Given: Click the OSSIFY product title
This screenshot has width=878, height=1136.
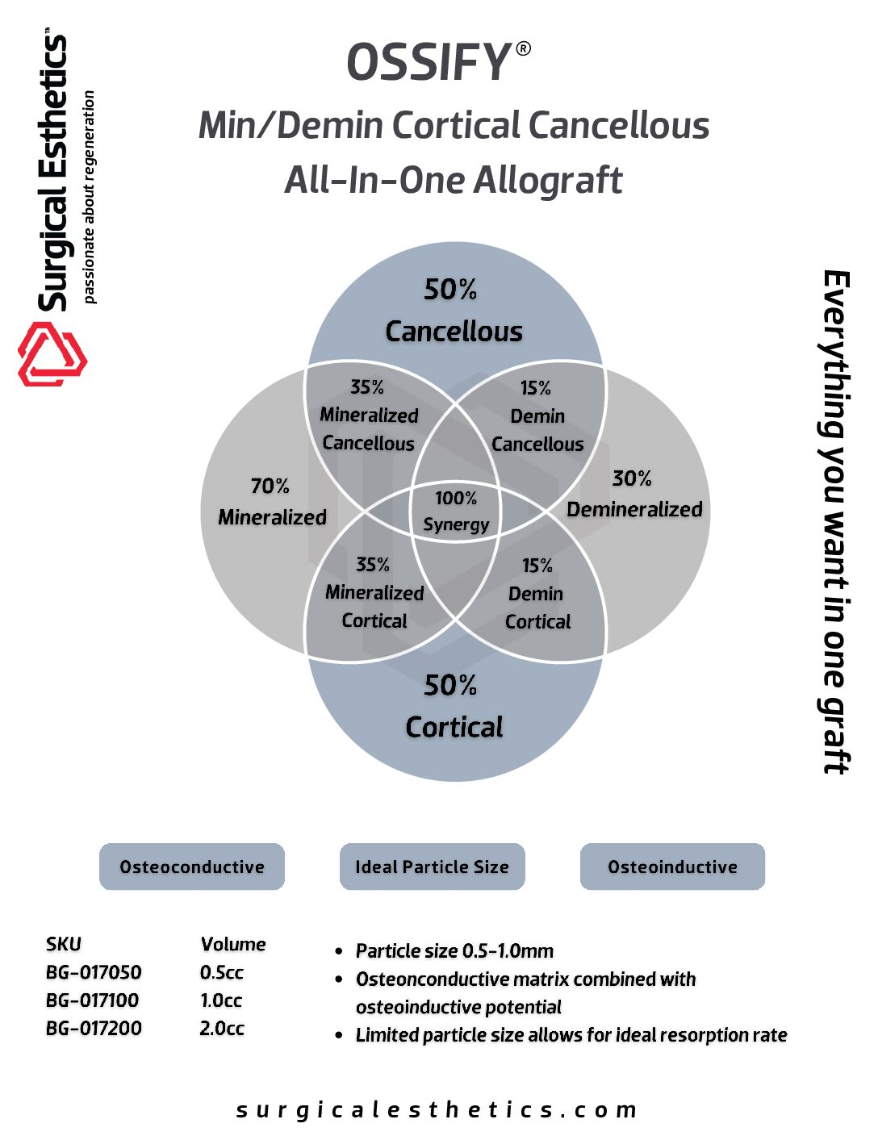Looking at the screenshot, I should (x=430, y=63).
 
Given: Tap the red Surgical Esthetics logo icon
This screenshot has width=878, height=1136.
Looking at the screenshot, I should (x=52, y=353).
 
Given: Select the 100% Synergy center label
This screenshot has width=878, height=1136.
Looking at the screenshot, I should (x=456, y=512).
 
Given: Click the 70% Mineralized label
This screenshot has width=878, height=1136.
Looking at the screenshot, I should (x=272, y=502).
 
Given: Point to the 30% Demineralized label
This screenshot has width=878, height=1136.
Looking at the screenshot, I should (x=633, y=494).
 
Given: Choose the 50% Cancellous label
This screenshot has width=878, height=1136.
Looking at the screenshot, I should (x=454, y=311).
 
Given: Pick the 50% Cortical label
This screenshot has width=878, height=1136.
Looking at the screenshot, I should (x=454, y=707).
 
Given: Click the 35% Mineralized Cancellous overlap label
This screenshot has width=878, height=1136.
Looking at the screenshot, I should (x=368, y=416).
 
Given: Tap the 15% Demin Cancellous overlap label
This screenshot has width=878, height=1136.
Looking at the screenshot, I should (x=537, y=416).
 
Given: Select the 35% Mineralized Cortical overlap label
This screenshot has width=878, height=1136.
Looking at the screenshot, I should (x=374, y=593).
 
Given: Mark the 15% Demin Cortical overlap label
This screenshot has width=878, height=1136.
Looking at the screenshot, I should (x=537, y=594).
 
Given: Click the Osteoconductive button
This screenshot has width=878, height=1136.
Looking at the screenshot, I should (x=192, y=867).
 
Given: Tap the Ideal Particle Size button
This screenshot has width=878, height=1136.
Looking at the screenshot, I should (x=432, y=867).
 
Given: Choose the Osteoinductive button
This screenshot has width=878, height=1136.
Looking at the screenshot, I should (x=672, y=867).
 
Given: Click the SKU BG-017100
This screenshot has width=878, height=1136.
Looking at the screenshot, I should (x=93, y=1000).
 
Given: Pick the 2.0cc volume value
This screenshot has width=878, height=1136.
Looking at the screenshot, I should (x=222, y=1029).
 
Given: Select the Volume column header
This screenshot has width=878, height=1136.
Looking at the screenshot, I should (x=233, y=944).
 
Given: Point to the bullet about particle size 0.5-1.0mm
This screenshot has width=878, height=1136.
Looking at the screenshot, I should (x=454, y=951).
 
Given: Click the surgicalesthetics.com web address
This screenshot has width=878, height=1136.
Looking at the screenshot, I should (x=437, y=1110).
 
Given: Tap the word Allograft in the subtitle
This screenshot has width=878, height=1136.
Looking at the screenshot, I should (x=548, y=180).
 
